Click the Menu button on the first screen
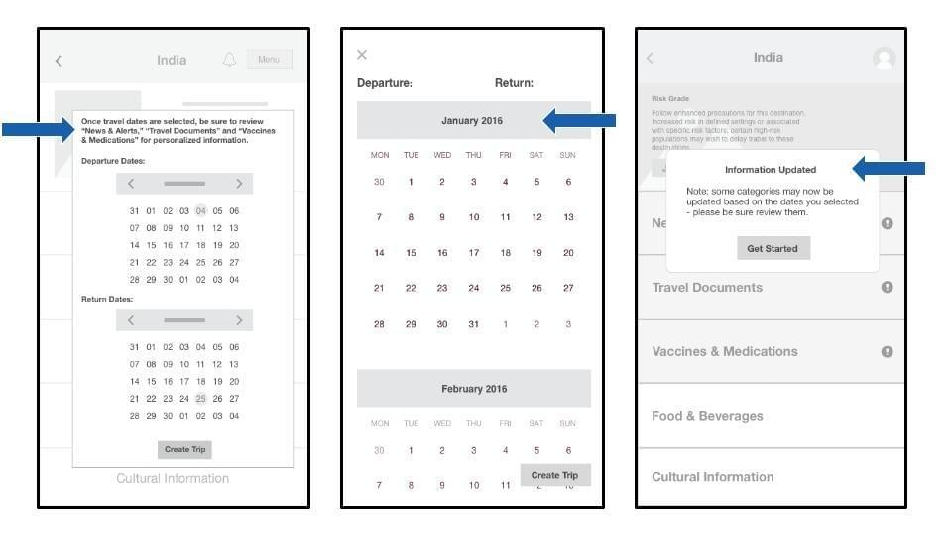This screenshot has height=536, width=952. point(269,60)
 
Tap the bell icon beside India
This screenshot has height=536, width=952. point(229,60)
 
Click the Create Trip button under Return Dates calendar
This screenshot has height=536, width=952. point(184,449)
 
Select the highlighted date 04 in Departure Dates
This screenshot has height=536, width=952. point(200,210)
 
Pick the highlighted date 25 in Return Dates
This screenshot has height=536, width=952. point(200,398)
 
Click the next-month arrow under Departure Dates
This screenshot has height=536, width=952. point(239,184)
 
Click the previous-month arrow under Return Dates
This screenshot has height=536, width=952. point(131,320)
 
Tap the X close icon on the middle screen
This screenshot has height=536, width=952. point(362,55)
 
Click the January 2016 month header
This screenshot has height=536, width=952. point(472,121)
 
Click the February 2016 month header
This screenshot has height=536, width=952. point(473,389)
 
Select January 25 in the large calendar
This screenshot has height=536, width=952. point(505,288)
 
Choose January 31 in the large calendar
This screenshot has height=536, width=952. point(473,324)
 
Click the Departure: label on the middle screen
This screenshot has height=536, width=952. point(384,83)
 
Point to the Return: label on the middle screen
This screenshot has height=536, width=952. point(514,83)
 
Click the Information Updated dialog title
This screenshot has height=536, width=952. point(772,170)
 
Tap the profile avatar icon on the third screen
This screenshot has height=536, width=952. point(884,58)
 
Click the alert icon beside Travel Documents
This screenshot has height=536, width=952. point(887,287)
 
